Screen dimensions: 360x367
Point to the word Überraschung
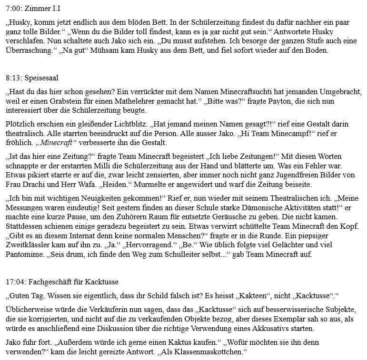pos(30,50)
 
